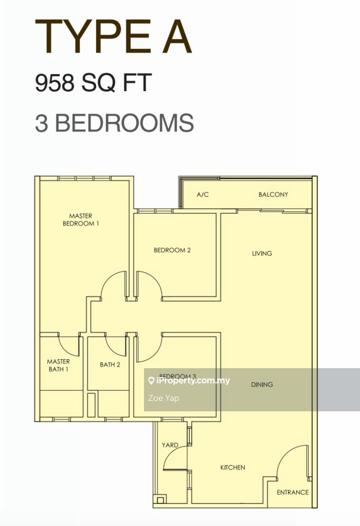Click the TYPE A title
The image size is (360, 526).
click(114, 37)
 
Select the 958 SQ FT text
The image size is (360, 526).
click(94, 83)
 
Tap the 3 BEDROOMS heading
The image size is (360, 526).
click(114, 123)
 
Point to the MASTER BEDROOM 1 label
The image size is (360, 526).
click(80, 220)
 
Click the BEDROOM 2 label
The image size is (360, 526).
click(172, 250)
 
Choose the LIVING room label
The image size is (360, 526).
click(262, 254)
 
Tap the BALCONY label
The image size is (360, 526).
click(273, 194)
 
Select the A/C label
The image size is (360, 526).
click(202, 195)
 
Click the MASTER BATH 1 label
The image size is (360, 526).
click(58, 366)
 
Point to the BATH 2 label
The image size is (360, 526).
click(110, 365)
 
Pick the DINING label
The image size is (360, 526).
click(262, 385)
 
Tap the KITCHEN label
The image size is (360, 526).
click(233, 467)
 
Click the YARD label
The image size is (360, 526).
click(170, 445)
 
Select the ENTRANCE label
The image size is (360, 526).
click(293, 492)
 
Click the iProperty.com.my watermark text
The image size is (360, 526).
click(189, 380)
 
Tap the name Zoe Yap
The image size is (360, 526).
click(163, 398)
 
